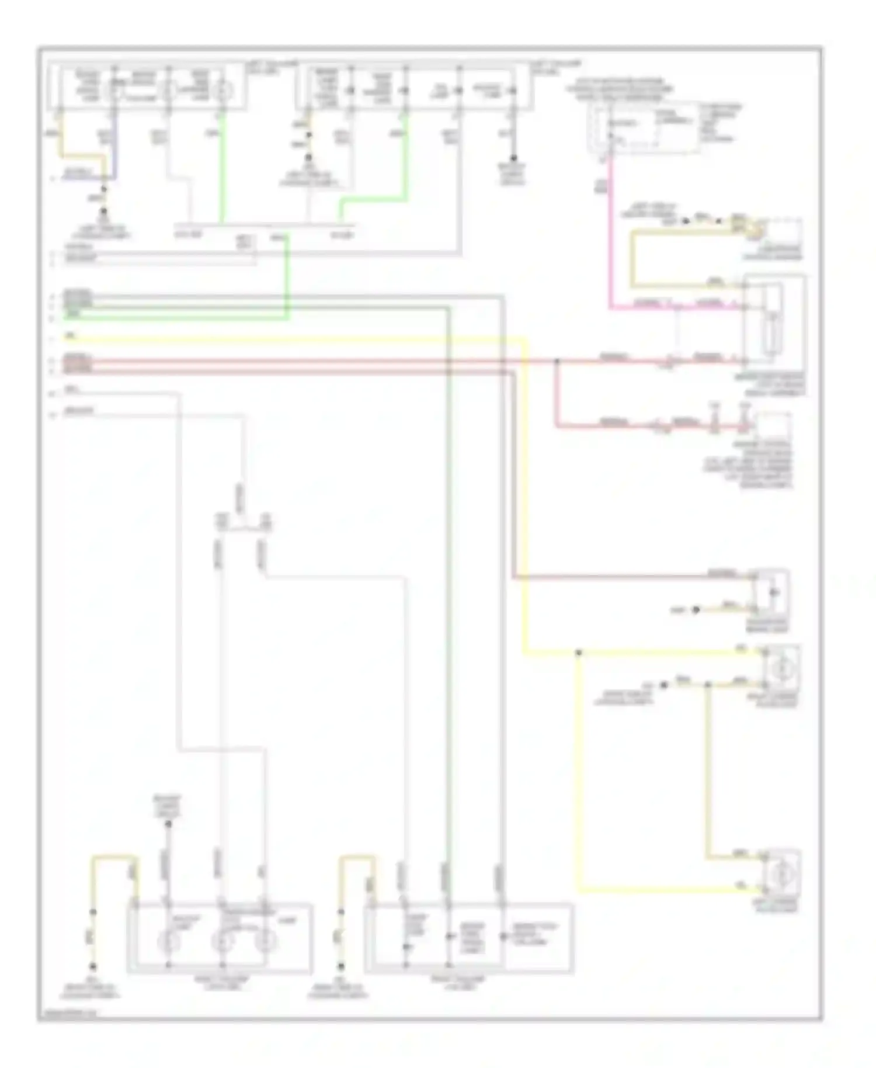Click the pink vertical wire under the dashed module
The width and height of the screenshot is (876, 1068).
pos(610,234)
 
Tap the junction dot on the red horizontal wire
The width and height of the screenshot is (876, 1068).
pos(557,361)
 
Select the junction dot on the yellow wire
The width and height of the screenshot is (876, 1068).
pos(578,652)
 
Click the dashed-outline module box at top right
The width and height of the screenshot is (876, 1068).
pos(645,128)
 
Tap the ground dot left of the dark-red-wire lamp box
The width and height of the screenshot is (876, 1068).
pos(695,610)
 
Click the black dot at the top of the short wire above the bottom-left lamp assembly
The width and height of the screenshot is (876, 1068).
pos(168,824)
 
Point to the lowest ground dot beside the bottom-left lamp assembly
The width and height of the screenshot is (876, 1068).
pos(92,967)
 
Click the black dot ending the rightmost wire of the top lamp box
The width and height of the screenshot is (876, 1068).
pos(514,158)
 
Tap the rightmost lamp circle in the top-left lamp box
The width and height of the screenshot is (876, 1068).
pos(223,91)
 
